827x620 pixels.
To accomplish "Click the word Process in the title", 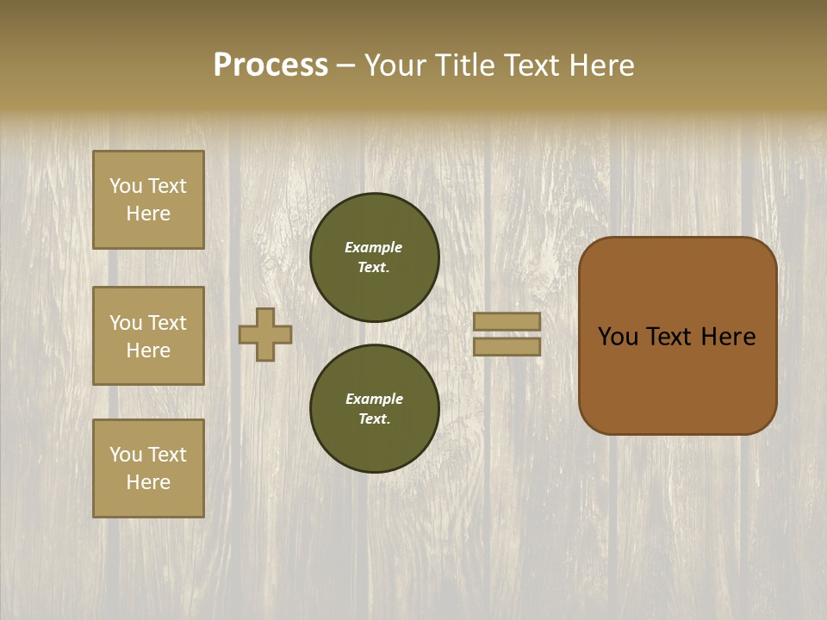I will click(270, 65).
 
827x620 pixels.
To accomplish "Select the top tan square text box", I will click(148, 200).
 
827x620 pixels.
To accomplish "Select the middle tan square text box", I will click(148, 336).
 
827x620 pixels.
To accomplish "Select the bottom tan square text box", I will click(148, 468).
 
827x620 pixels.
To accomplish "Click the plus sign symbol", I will click(265, 334).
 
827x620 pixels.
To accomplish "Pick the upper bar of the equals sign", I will click(507, 321).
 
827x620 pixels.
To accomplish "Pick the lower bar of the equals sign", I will click(507, 346).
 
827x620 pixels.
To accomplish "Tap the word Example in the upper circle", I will click(374, 247).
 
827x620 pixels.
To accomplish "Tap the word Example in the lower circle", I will click(374, 399).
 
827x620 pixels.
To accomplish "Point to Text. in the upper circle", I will click(374, 267).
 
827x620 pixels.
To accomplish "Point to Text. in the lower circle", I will click(374, 418).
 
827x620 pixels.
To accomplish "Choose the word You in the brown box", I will click(618, 337).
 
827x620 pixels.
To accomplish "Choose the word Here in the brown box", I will click(728, 337).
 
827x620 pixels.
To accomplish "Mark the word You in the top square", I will click(126, 186).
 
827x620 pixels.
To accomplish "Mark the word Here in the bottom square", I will click(148, 482).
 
